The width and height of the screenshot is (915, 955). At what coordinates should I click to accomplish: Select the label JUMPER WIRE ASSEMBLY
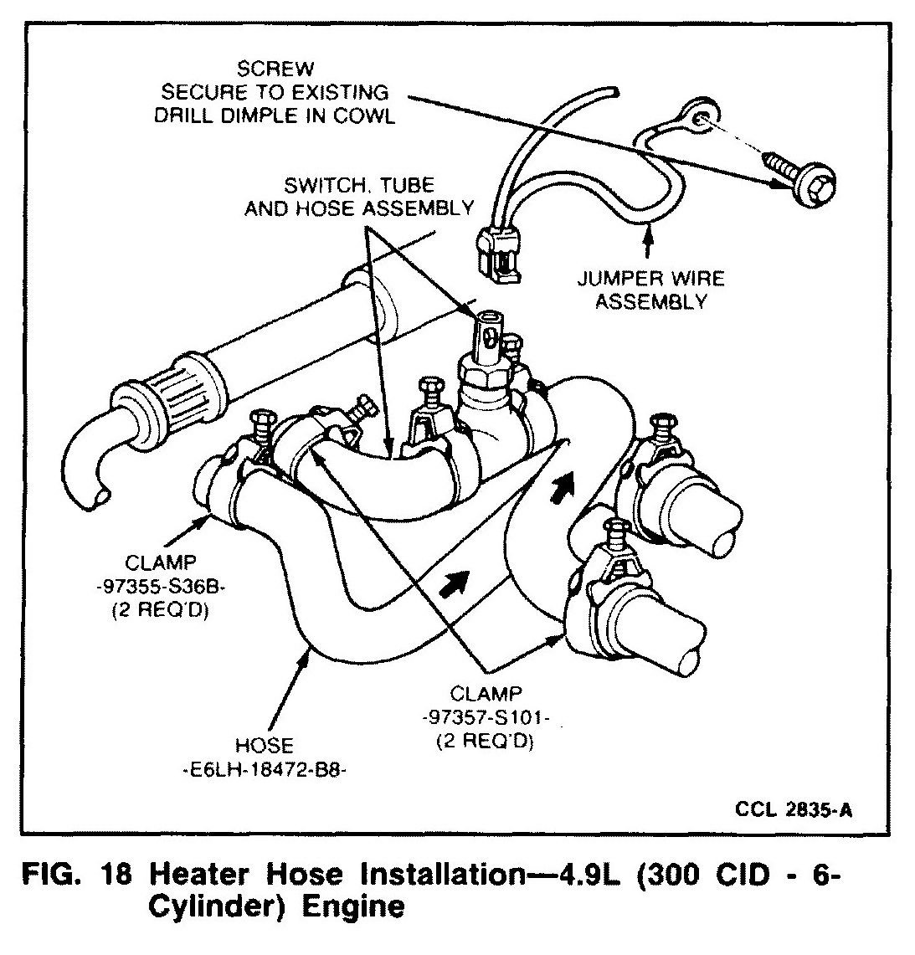point(649,290)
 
